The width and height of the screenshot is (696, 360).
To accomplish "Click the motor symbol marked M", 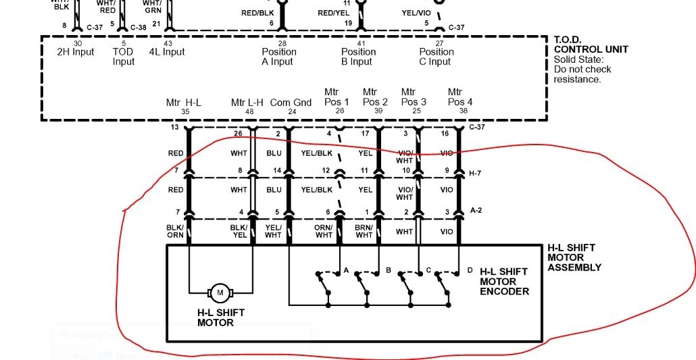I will [220, 292].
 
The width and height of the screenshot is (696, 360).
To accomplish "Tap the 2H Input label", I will [74, 52].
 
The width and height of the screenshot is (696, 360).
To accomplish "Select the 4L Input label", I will [167, 52].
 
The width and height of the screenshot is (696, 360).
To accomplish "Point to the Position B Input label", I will [358, 57].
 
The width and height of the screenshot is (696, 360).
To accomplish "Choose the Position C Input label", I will [437, 57].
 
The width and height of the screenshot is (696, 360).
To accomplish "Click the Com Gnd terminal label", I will [291, 103].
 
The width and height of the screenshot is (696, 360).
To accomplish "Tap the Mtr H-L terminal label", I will [184, 103].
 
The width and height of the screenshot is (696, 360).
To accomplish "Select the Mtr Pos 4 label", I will [459, 97].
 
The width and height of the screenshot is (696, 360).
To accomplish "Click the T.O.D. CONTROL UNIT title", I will [591, 45].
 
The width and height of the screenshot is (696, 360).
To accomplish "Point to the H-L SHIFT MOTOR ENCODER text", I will [504, 282].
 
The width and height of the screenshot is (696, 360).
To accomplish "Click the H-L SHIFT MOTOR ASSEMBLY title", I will [574, 257].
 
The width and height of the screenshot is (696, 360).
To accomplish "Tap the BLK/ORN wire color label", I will [176, 231].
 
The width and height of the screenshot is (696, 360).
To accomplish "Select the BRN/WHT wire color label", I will [364, 231].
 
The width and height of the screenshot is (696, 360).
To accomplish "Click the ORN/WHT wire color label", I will [324, 231].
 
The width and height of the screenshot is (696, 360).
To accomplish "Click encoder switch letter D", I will [470, 270].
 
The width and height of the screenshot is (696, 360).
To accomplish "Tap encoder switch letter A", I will [347, 270].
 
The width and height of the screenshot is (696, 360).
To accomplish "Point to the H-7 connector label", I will [476, 173].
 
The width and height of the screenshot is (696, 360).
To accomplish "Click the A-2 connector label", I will [476, 210].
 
